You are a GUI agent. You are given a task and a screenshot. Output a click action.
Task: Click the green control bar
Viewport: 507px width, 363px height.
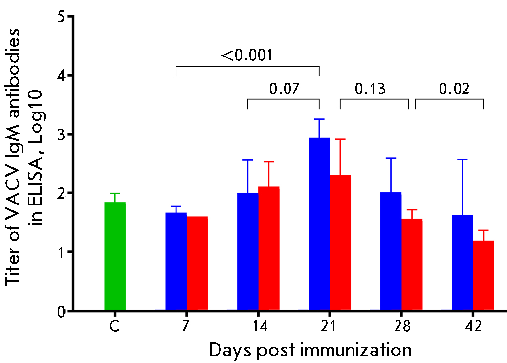point(115,256)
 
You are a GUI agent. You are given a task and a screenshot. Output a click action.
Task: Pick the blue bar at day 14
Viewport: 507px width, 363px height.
point(247,251)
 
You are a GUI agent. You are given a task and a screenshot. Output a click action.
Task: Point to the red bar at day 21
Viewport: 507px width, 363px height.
point(340,243)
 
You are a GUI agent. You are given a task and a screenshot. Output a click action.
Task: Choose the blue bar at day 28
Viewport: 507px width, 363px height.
point(391,251)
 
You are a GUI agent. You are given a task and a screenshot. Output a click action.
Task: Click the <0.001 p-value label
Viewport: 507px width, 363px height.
point(247,55)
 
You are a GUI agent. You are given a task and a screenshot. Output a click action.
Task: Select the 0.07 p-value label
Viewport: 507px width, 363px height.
point(284,89)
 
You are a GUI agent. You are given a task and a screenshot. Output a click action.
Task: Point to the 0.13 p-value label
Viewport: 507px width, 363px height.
point(370,89)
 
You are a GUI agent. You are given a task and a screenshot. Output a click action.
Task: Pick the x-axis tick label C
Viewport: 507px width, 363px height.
point(115,326)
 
